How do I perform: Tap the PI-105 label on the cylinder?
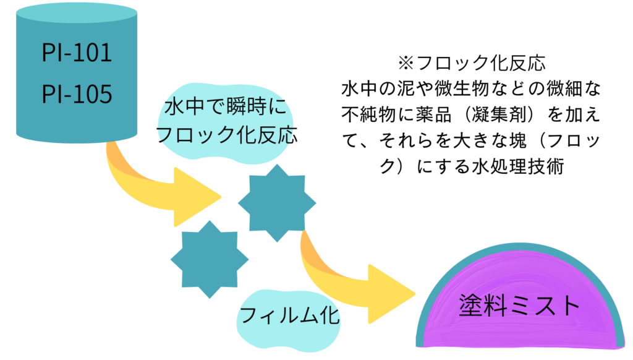click(x=77, y=94)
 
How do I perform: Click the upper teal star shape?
click(x=276, y=202)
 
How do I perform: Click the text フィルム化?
click(x=289, y=317)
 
